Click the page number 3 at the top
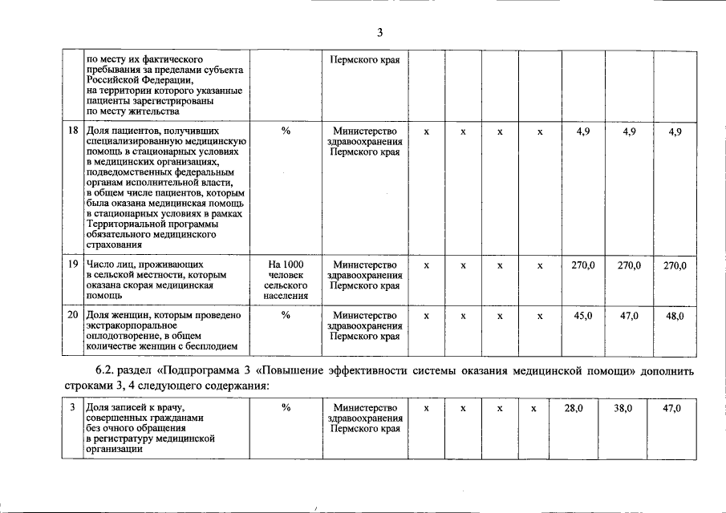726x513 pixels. pos(380,32)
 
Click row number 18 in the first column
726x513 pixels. pos(72,131)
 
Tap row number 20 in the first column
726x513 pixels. pos(72,316)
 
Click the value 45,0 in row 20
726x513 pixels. pos(583,316)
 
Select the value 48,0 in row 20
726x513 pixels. pos(675,316)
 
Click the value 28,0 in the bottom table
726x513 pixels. pos(574,408)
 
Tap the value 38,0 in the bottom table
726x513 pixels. pos(623,408)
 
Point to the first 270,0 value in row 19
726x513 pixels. pos(583,265)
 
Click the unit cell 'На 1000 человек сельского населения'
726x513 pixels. pos(286,280)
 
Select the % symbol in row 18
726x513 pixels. pos(286,131)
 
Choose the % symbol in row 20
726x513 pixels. pos(286,316)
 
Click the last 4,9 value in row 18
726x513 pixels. pos(675,131)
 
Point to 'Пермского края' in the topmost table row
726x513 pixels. pos(365,59)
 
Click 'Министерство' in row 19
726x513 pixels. pos(365,265)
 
